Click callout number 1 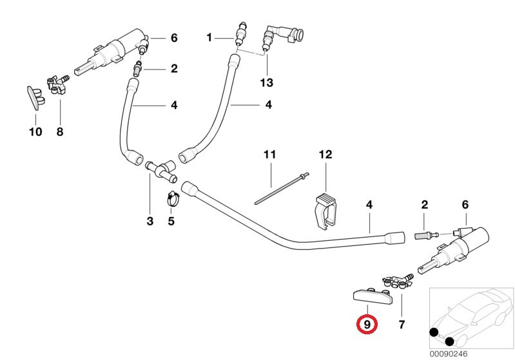coord(209,38)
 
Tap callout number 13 coord(266,82)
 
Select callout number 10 coord(35,132)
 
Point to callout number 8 coord(60,132)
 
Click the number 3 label coord(150,222)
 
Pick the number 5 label coord(171,222)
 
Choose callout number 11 coord(269,155)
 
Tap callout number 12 coord(325,155)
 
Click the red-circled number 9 coord(367,324)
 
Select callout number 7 coord(402,324)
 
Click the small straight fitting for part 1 coord(240,35)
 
